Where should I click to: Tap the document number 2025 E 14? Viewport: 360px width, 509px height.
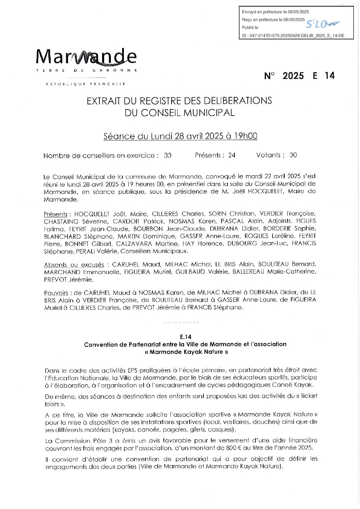pos(299,75)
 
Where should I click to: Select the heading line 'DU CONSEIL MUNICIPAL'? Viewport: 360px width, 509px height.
pos(179,113)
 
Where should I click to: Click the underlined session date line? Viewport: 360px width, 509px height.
pos(180,136)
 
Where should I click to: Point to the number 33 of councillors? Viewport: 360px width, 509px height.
pos(167,155)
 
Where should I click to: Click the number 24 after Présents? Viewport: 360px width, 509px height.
pos(232,155)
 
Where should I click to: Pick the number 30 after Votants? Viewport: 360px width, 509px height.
pos(293,155)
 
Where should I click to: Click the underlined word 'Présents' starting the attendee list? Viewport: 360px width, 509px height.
pos(55,214)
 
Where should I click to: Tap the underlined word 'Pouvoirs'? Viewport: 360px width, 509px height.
pos(56,293)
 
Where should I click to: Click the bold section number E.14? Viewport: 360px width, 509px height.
pos(186,337)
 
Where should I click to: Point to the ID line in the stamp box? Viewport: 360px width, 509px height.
pos(293,35)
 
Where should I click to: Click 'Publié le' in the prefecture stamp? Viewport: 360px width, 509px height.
pos(250,28)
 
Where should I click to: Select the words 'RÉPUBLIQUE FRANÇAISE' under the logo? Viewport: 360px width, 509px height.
pos(86,84)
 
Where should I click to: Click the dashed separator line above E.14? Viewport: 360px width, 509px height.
pos(181,322)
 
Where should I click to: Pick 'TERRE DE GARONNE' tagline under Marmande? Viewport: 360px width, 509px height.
pos(86,70)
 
